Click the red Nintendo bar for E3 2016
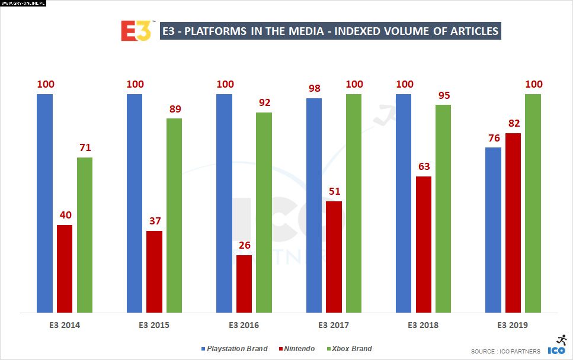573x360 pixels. point(244,284)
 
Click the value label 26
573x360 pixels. point(244,245)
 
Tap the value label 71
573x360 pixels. point(85,147)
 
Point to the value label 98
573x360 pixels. point(315,88)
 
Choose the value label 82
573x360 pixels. point(513,123)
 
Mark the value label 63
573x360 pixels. point(424,166)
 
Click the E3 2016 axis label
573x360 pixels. point(244,325)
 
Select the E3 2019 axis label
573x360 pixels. point(513,325)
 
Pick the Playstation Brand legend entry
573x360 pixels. point(234,349)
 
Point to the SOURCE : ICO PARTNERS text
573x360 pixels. point(505,351)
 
